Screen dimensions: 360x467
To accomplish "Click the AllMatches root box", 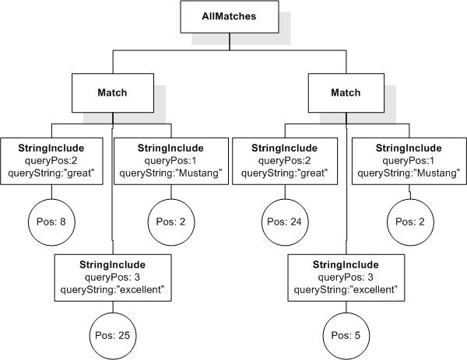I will click(230, 17).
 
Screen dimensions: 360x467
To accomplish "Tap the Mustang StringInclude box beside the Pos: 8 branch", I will click(170, 160).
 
